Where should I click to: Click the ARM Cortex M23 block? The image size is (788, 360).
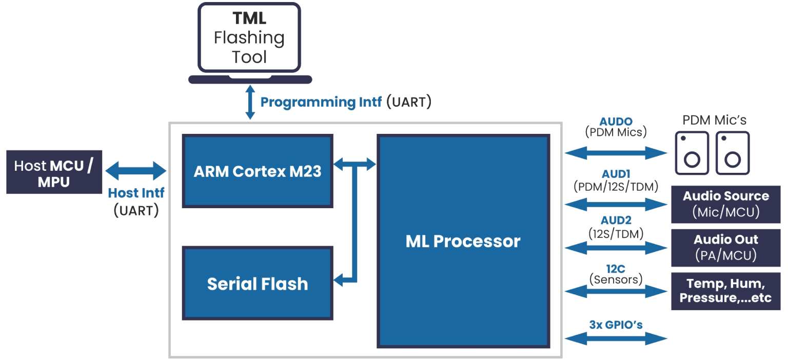[x=258, y=171]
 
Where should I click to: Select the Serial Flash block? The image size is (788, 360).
[x=258, y=283]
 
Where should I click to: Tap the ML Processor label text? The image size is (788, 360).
[x=463, y=241]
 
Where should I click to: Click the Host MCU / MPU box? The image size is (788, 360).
[x=54, y=172]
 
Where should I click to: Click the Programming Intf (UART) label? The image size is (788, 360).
[x=345, y=102]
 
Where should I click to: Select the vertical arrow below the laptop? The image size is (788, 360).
[x=250, y=103]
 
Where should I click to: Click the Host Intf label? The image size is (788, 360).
[x=136, y=193]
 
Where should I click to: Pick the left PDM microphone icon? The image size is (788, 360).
[x=692, y=152]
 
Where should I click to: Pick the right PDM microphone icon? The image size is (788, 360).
[x=732, y=152]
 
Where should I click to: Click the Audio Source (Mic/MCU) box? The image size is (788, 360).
[x=725, y=204]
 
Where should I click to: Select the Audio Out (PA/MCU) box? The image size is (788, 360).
[x=725, y=248]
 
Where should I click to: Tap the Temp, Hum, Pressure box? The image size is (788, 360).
[x=725, y=291]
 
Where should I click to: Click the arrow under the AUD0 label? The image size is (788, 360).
[x=616, y=153]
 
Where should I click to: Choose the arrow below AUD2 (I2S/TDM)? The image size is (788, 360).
[x=616, y=248]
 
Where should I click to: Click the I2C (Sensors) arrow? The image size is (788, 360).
[x=616, y=291]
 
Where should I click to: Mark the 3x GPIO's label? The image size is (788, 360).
[x=616, y=325]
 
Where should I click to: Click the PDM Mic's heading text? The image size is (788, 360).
[x=714, y=121]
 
